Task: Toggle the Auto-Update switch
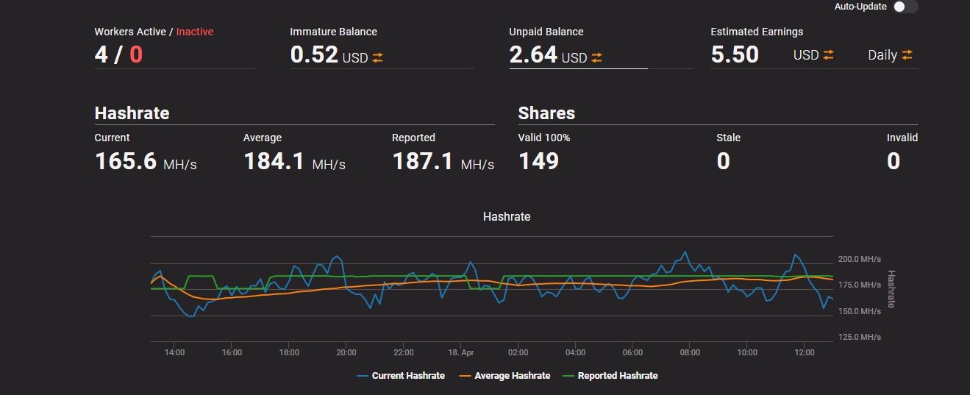tap(905, 7)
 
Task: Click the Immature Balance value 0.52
tap(314, 54)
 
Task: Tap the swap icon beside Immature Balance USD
tap(378, 57)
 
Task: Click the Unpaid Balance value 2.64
tap(533, 54)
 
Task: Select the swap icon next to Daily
tap(907, 55)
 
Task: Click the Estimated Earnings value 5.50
tap(735, 54)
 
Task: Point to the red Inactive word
tap(195, 32)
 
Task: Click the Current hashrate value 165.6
tap(126, 161)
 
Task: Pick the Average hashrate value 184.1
tap(274, 161)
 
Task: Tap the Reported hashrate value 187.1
tap(423, 161)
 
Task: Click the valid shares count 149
tap(538, 161)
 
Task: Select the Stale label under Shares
tap(728, 138)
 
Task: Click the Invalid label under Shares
tap(902, 138)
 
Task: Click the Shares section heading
tap(546, 113)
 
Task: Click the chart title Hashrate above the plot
tap(507, 216)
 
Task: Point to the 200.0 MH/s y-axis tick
tap(859, 259)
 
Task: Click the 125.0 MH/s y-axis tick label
tap(859, 337)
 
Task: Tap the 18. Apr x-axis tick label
tap(461, 352)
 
